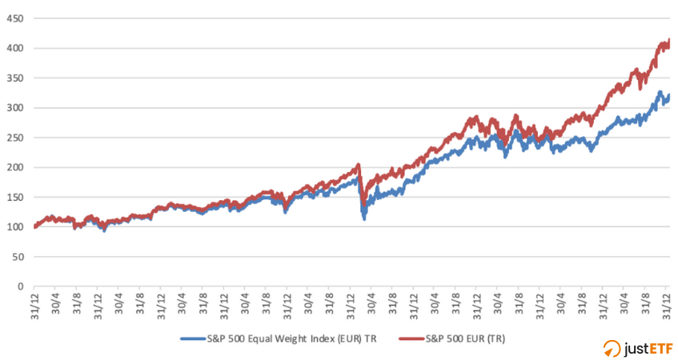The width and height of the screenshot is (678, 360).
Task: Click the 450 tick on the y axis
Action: click(15, 18)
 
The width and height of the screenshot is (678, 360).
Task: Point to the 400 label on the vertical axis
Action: click(15, 48)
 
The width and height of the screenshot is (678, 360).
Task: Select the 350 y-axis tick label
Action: click(15, 78)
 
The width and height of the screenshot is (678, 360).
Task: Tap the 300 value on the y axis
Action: click(15, 107)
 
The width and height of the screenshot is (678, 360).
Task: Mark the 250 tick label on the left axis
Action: click(15, 138)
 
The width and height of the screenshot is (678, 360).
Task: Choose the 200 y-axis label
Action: click(15, 167)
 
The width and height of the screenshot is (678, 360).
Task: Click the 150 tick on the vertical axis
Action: click(15, 197)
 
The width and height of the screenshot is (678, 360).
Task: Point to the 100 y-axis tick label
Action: click(15, 226)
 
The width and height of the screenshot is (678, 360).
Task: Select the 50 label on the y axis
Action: click(18, 256)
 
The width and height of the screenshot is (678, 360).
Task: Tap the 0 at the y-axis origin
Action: click(20, 286)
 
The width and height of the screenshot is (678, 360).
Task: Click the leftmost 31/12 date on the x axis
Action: click(34, 305)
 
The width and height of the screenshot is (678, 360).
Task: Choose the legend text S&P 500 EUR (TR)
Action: click(467, 339)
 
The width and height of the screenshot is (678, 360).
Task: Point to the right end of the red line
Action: click(669, 42)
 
